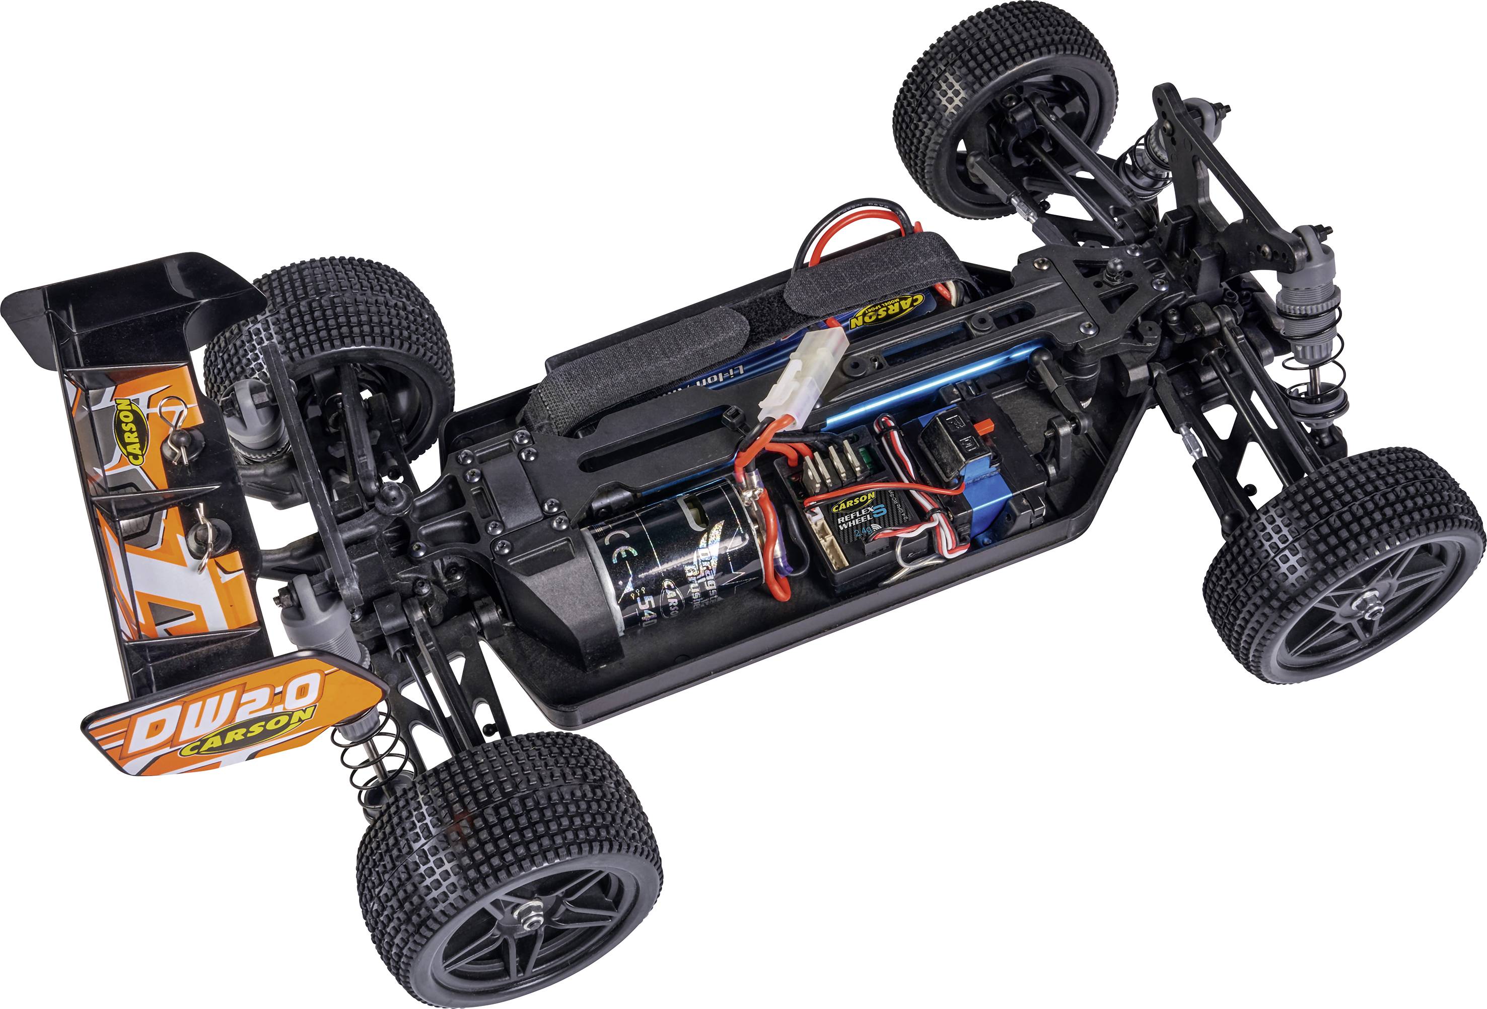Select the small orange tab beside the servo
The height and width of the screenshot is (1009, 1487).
tap(983, 425)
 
